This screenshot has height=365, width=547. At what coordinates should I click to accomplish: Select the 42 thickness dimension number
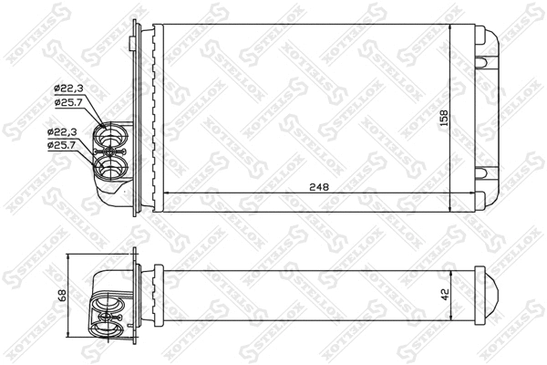coord(444,297)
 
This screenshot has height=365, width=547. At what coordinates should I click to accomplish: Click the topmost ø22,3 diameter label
coord(69,88)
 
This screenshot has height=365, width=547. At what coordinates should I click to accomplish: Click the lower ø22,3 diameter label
coord(63,133)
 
